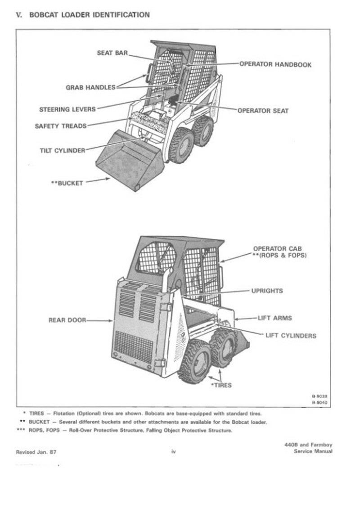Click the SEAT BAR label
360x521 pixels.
tap(112, 53)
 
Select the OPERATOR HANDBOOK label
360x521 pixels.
tap(275, 64)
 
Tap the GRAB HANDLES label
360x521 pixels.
tap(90, 87)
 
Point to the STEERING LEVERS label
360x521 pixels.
tap(67, 109)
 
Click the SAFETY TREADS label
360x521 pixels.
tap(60, 126)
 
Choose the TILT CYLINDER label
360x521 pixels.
tap(62, 150)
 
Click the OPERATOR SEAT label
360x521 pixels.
tap(263, 111)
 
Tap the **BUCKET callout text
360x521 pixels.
tap(67, 183)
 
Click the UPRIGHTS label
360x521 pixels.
tap(267, 291)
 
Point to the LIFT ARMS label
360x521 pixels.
tap(274, 318)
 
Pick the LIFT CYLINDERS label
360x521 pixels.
tap(291, 335)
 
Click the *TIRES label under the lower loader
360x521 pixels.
tap(221, 385)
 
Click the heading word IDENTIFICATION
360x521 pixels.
tap(121, 15)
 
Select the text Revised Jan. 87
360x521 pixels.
tap(36, 451)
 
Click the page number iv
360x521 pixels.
tap(173, 451)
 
